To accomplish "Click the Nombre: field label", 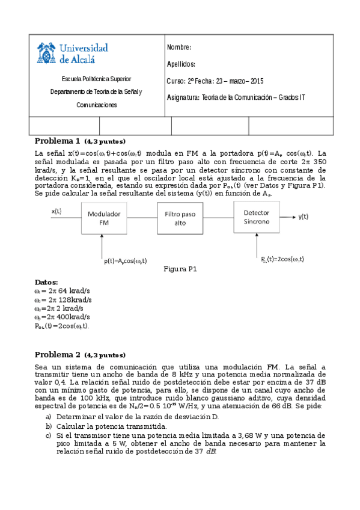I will point(178,48).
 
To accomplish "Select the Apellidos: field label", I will point(181,64).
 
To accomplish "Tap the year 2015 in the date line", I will point(257,81).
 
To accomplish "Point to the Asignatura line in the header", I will point(236,97).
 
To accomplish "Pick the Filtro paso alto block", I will point(180,218).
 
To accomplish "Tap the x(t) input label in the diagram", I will point(57,211).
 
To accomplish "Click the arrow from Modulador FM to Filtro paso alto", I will point(142,218).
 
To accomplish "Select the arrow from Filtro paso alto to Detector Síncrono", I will point(218,218).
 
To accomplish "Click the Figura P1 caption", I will point(180,269).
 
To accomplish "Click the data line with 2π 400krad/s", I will point(62,316).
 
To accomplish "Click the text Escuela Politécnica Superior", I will point(97,79).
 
